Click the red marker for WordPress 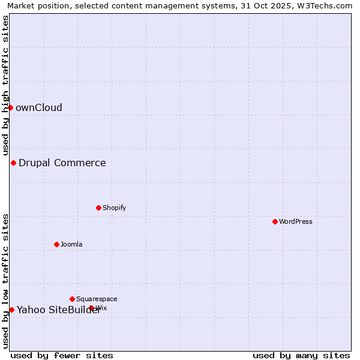point(275,221)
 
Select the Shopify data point point(98,208)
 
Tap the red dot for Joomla point(56,244)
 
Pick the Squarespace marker point(72,299)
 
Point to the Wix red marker point(91,308)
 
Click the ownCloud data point point(10,107)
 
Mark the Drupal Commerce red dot point(13,163)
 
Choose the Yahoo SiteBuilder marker point(11,310)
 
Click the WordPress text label point(296,221)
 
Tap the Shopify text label point(114,208)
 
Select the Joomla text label point(71,244)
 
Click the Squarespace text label point(97,299)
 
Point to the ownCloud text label point(39,108)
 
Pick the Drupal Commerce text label point(62,163)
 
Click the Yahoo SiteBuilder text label point(59,310)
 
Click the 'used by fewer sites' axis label point(62,355)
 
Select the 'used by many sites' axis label point(301,355)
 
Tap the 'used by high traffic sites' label point(5,86)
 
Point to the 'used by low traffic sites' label point(5,281)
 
